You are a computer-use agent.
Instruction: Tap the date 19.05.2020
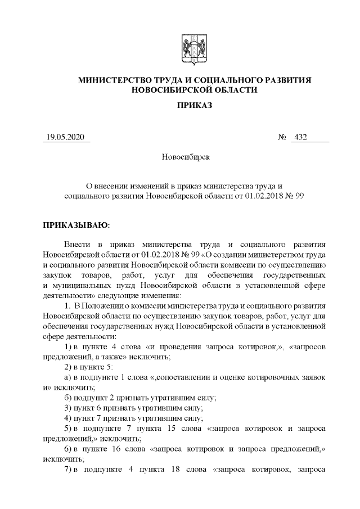point(65,137)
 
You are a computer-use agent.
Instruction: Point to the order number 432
point(300,137)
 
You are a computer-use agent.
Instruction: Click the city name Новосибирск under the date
point(186,157)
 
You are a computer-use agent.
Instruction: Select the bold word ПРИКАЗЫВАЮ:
point(76,225)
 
